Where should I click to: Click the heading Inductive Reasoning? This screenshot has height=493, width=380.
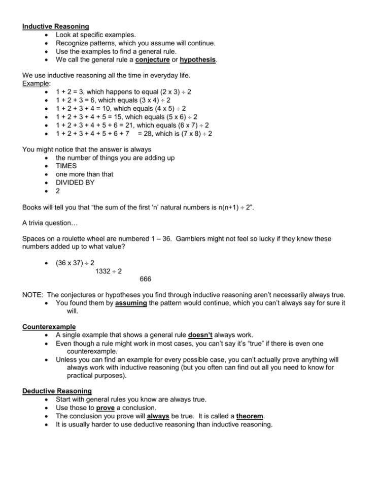click(56, 26)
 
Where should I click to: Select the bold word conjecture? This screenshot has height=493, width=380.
click(146, 59)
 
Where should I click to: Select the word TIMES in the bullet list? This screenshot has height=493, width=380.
click(66, 166)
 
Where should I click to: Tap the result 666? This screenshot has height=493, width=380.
click(145, 279)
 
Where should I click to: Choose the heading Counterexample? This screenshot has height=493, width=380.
click(49, 327)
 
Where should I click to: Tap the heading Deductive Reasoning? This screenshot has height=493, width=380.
click(57, 391)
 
